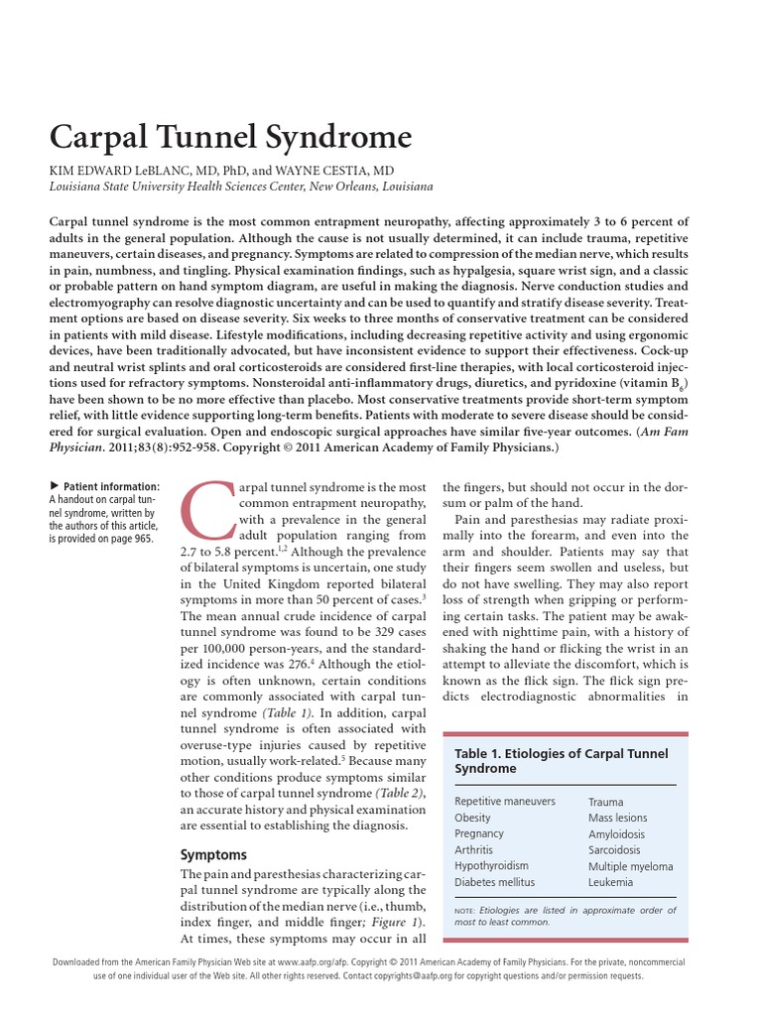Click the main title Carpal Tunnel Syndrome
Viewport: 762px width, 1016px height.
pyautogui.click(x=229, y=135)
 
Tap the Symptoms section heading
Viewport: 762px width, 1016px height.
pyautogui.click(x=213, y=854)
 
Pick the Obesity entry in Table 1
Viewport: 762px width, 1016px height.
pyautogui.click(x=472, y=818)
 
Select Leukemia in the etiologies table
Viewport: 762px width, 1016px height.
pyautogui.click(x=610, y=881)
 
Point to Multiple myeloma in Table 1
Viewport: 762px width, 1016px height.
pyautogui.click(x=630, y=865)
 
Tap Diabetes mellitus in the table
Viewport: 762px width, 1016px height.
pyautogui.click(x=494, y=881)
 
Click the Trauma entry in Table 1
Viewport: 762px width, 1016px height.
pyautogui.click(x=606, y=802)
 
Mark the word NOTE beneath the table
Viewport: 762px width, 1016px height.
pyautogui.click(x=464, y=910)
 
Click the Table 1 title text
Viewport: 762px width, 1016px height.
pyautogui.click(x=561, y=761)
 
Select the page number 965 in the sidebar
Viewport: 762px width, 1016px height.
pyautogui.click(x=142, y=539)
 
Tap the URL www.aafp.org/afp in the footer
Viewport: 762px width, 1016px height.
pyautogui.click(x=312, y=962)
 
